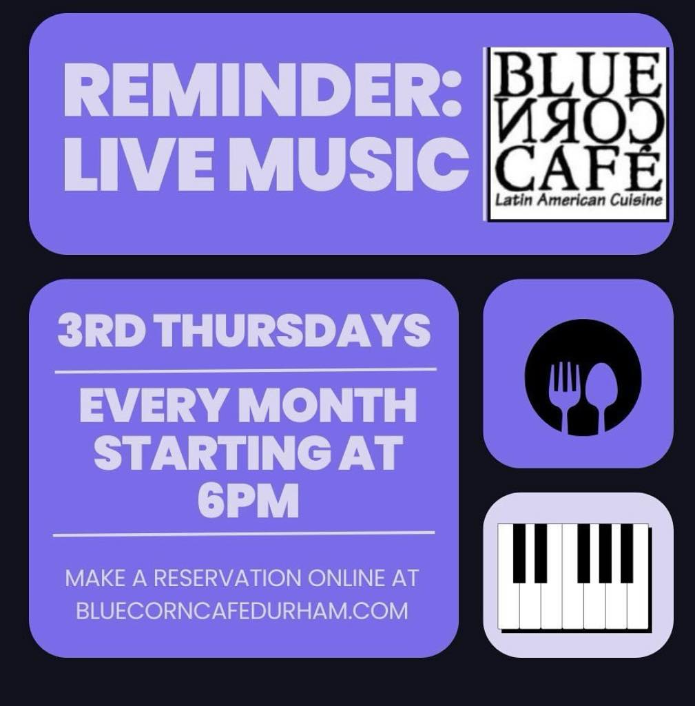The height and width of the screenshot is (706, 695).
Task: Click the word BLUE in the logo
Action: (576, 72)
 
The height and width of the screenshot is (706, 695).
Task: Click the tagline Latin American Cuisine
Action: (579, 200)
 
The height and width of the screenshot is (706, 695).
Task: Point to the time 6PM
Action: (248, 501)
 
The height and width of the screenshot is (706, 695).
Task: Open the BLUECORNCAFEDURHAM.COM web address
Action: (242, 611)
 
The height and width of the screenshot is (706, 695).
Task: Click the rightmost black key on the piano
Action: (627, 553)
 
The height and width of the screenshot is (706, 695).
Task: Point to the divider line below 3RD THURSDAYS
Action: (246, 371)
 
